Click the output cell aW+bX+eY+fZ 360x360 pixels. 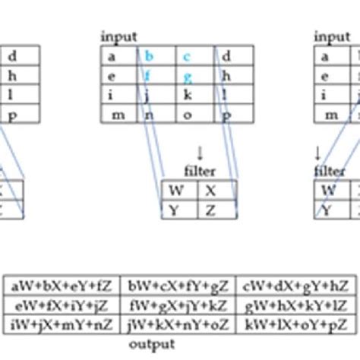(62, 286)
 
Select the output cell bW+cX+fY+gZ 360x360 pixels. (178, 286)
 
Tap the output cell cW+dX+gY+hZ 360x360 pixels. (297, 286)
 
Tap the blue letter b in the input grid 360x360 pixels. (150, 55)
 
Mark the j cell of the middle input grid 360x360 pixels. (150, 95)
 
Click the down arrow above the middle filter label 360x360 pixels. (200, 153)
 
